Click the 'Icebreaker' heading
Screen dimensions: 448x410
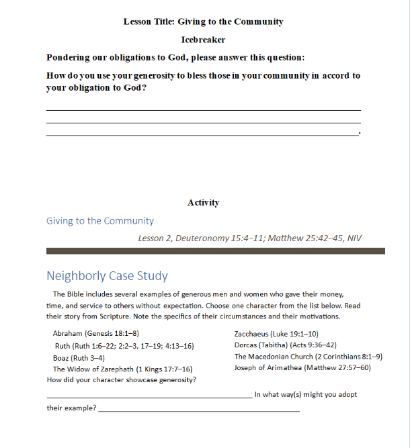point(203,40)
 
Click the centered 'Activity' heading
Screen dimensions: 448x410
point(203,202)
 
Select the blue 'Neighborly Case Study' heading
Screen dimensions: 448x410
point(107,276)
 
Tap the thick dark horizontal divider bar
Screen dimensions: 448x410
point(215,251)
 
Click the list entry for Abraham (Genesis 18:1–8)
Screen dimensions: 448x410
point(95,333)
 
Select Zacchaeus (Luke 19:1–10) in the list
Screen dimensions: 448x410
point(276,333)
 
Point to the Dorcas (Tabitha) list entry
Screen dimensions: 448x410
point(285,345)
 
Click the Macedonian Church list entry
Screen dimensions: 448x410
point(308,357)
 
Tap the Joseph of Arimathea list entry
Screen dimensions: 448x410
point(302,368)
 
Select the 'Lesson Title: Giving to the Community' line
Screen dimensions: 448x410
point(203,21)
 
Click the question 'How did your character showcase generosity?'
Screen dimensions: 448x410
point(122,380)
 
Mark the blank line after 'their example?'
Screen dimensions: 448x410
point(199,410)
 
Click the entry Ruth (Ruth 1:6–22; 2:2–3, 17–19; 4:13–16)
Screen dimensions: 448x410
point(124,346)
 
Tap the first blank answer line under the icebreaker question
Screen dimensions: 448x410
point(203,110)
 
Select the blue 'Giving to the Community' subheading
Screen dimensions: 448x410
point(100,221)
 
